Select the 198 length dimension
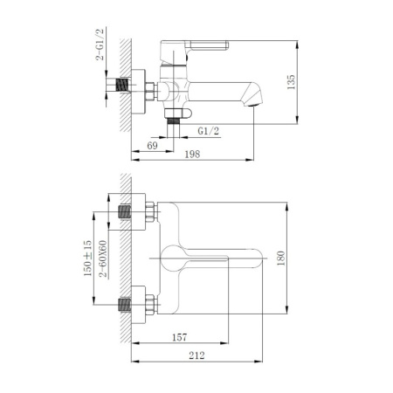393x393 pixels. point(193,155)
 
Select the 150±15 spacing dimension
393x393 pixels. point(88,258)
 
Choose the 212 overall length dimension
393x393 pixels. point(196,355)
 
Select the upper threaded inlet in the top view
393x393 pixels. point(129,212)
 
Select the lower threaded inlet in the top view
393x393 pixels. point(129,307)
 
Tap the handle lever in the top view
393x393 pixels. point(210,259)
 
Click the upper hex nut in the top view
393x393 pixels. point(149,211)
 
